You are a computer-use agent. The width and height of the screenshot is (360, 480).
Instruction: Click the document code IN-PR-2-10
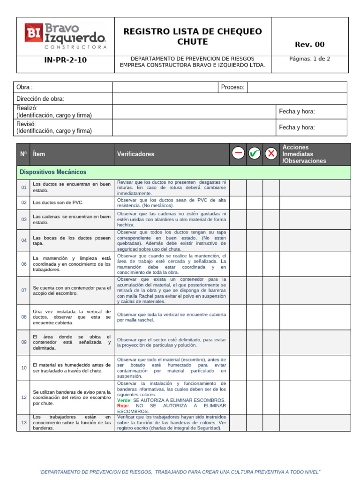click(65, 60)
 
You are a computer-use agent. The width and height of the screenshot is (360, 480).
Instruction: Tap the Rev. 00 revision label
click(309, 45)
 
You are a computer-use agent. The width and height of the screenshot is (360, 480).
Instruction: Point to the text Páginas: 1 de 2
click(309, 59)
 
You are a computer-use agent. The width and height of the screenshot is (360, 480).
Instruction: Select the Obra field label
click(24, 87)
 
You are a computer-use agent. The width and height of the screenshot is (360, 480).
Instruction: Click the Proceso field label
click(232, 87)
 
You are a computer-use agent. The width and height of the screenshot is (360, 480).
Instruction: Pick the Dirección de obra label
click(40, 99)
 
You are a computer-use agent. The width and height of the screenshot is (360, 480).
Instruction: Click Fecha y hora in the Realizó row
click(297, 112)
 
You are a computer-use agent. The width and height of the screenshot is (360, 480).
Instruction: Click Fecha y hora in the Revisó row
click(297, 127)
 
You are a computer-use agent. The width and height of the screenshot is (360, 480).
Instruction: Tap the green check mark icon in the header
click(255, 153)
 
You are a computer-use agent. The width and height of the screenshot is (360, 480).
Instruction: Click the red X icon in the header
click(271, 153)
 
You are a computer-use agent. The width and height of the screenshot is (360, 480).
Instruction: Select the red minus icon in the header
click(238, 153)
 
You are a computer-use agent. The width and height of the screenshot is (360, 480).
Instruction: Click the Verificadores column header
click(135, 154)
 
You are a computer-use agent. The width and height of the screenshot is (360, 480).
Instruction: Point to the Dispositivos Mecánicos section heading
click(53, 172)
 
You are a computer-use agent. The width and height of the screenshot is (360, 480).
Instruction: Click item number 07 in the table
click(24, 291)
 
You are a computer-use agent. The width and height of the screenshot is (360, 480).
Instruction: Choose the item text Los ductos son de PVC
click(58, 202)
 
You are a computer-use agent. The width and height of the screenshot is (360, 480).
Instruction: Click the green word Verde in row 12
click(124, 400)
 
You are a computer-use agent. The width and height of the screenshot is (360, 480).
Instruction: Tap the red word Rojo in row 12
click(123, 406)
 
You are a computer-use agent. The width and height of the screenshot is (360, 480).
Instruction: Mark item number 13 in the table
click(24, 422)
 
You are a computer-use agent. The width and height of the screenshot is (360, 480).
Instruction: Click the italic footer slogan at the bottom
click(180, 472)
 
